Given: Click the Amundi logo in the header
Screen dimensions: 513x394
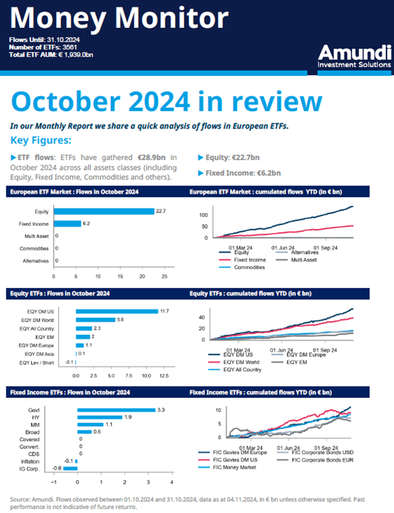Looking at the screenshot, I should tap(354, 56).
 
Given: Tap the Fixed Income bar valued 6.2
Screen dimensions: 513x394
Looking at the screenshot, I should tap(67, 224).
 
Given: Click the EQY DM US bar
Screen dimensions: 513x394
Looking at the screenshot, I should tap(117, 311).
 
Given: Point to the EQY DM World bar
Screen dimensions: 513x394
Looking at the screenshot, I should tap(95, 320).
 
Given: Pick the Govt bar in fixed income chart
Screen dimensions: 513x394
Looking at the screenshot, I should tap(116, 410).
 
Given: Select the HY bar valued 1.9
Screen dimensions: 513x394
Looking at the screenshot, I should tap(100, 417).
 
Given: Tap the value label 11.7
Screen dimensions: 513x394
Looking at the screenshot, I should tap(165, 311).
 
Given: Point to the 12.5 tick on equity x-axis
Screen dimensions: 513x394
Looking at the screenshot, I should tap(164, 375).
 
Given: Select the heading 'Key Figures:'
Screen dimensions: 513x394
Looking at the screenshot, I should tap(41, 140).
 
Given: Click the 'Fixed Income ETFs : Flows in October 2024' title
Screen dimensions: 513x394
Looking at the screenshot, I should tap(70, 392).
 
